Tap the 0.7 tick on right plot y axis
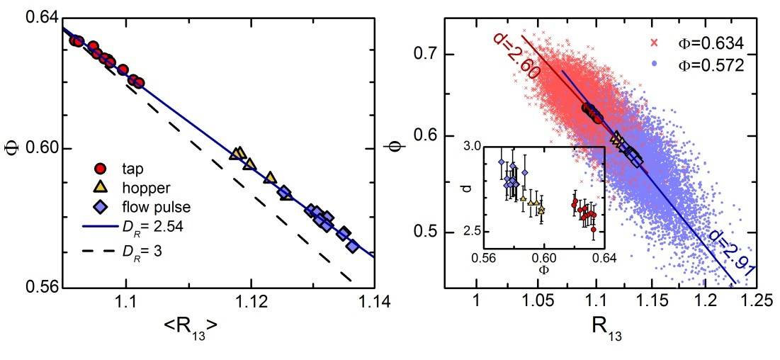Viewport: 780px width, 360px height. click(426, 54)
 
